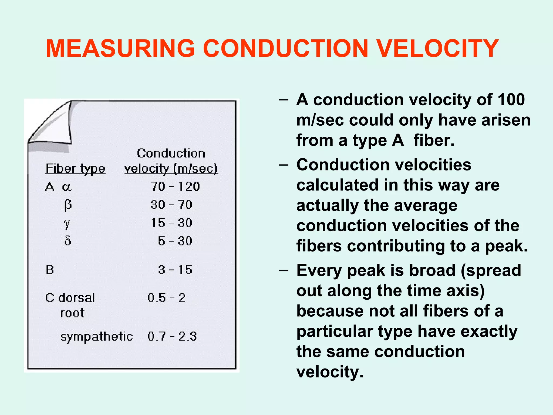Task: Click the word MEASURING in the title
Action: coord(120,49)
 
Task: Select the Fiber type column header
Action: coord(75,169)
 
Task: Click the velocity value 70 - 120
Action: coord(175,187)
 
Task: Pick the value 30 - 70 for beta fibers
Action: coord(171,205)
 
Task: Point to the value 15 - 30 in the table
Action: coord(171,223)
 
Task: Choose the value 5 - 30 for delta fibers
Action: coord(175,241)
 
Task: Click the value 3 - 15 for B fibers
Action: coord(175,270)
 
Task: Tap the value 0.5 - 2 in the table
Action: coord(167,298)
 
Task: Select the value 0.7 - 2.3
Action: coord(172,337)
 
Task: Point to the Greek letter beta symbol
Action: coord(68,205)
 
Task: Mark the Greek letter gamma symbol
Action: coord(67,224)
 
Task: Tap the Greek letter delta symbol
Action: coord(68,240)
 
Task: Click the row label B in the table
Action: coord(50,270)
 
